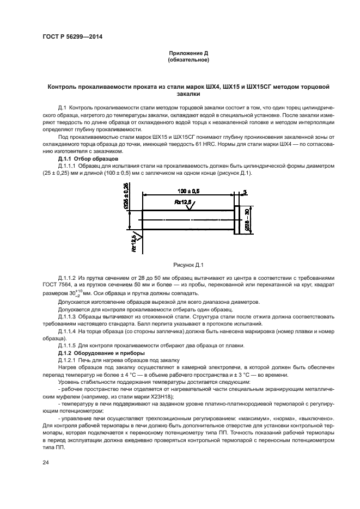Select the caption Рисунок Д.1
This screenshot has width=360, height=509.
click(188, 265)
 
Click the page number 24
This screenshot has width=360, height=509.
click(46, 462)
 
